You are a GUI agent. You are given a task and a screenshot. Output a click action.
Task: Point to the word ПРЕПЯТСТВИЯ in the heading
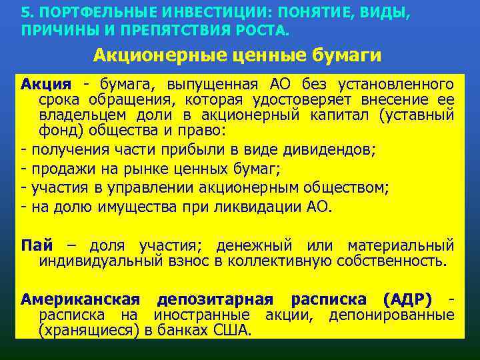tap(177, 31)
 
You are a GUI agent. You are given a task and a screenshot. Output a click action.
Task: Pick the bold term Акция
tap(45, 85)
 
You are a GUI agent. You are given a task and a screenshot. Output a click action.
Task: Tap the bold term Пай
tap(37, 245)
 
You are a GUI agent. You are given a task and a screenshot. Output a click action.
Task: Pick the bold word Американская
tap(81, 299)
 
